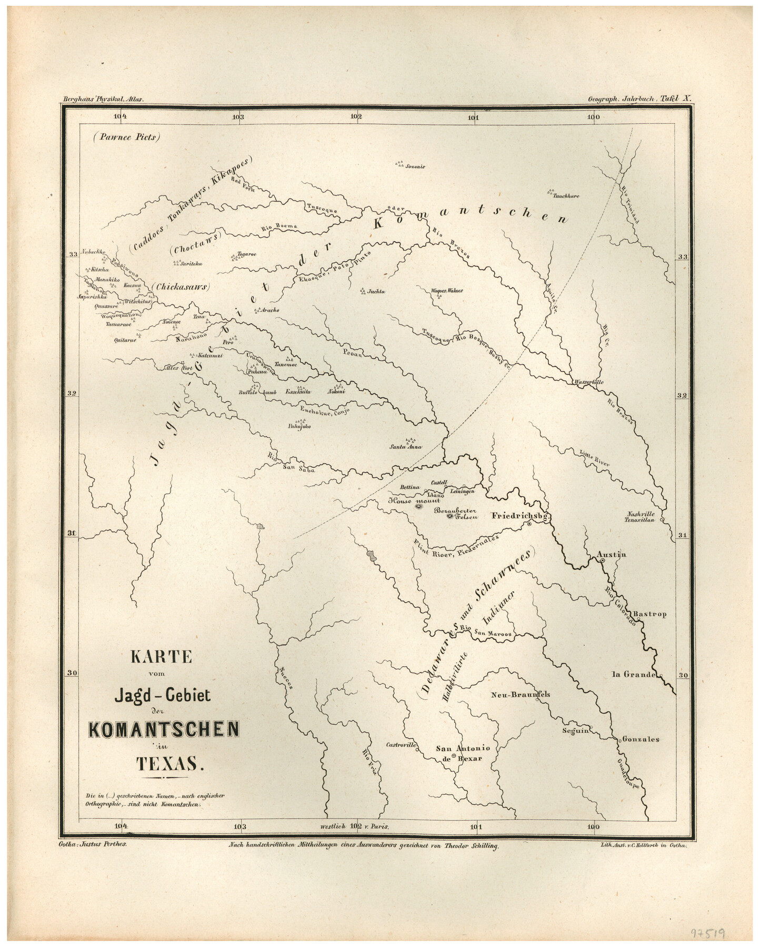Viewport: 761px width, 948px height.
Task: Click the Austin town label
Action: (612, 554)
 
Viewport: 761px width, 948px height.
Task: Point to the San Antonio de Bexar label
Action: (463, 753)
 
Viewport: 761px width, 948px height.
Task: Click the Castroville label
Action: (401, 745)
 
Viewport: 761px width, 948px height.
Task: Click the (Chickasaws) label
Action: (181, 287)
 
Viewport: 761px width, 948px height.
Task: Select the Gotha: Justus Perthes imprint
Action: (95, 844)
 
